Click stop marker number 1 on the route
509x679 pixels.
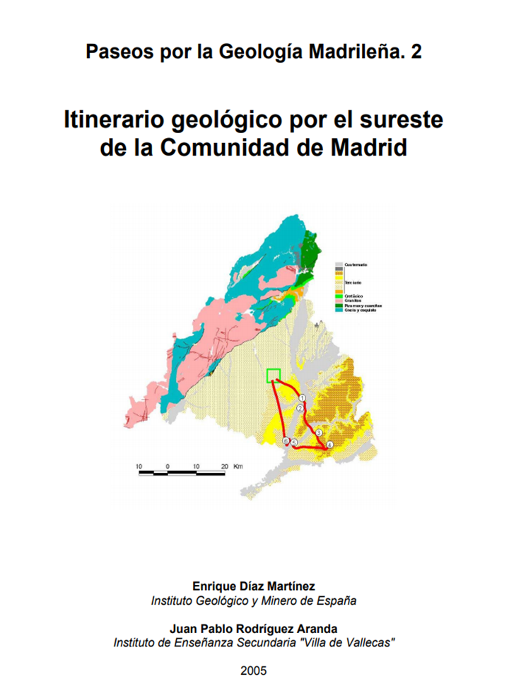[x=301, y=398]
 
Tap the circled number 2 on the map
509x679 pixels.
[x=300, y=409]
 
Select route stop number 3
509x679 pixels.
[x=319, y=433]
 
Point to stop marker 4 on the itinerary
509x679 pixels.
[x=330, y=444]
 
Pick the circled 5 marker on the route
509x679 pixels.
[x=294, y=443]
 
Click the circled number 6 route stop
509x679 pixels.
[x=286, y=441]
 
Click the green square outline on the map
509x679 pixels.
[x=274, y=376]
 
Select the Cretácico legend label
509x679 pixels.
[x=353, y=295]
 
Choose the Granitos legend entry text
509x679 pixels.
[x=353, y=300]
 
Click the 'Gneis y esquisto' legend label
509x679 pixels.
[x=360, y=310]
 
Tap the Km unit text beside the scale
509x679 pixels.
[x=238, y=466]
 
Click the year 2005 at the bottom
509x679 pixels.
[x=254, y=670]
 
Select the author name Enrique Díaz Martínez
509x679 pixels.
[x=254, y=586]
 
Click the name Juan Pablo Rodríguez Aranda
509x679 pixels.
[x=254, y=628]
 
